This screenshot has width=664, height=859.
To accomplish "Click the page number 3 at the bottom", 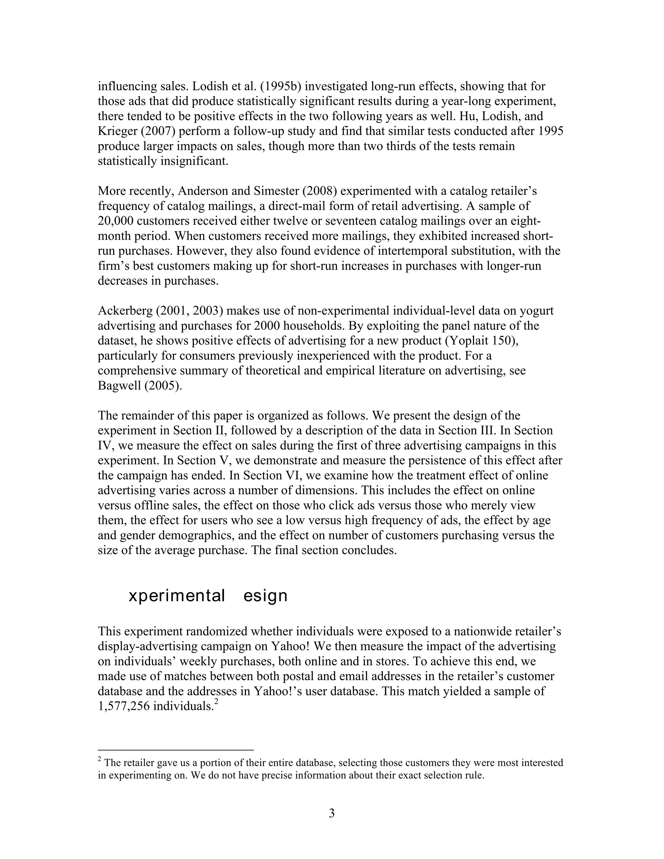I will pos(332,813).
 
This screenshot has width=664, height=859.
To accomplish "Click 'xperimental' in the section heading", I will pos(177,596).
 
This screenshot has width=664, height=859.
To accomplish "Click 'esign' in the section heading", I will pos(266,596).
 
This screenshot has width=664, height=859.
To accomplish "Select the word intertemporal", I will pos(384,251).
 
